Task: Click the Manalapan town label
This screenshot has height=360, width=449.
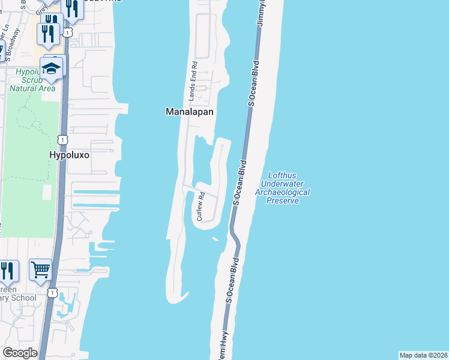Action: pos(190,112)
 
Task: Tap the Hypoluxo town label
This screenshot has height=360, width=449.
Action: pos(69,154)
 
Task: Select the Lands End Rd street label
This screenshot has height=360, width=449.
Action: pos(193,80)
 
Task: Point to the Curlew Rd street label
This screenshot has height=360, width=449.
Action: pos(202,206)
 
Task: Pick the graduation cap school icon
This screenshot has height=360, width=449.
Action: pos(53,67)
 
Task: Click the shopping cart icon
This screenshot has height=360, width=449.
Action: pos(40,270)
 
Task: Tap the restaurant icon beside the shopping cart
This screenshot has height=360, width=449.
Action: pos(7,270)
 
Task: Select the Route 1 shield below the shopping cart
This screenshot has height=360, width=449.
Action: pos(53,293)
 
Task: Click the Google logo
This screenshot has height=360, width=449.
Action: pos(20,353)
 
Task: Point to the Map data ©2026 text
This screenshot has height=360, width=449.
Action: pos(423,355)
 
